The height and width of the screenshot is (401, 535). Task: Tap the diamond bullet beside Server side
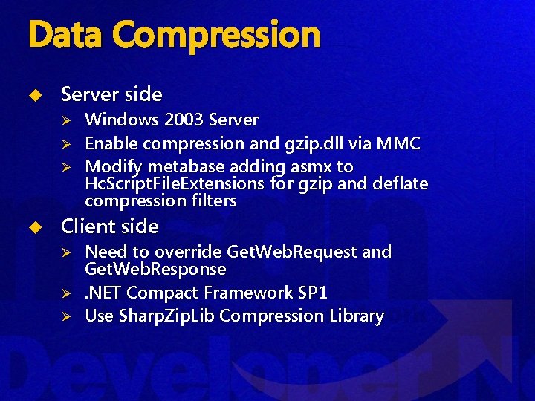point(33,94)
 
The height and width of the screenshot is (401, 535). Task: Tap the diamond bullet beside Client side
point(33,226)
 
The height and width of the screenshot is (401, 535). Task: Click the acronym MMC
point(398,143)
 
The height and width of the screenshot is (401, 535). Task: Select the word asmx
point(313,166)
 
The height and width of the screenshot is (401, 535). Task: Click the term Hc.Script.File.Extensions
point(175,183)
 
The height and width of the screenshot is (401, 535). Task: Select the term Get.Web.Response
point(155,268)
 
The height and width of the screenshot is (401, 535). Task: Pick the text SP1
point(312,292)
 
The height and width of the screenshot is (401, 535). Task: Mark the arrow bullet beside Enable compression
point(65,143)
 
